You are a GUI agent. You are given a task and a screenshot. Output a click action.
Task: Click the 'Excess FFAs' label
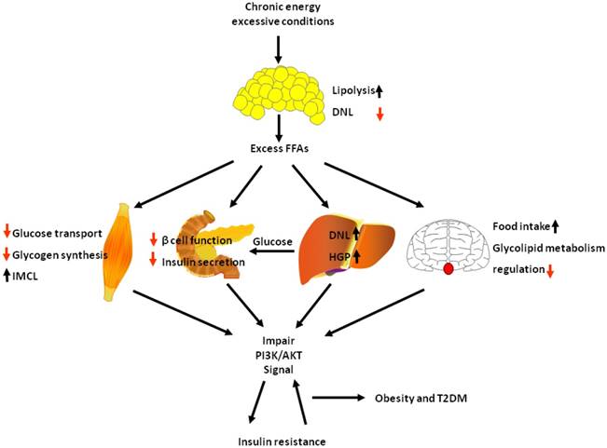tap(279, 148)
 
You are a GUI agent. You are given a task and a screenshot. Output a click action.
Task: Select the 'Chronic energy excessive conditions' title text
tap(279, 15)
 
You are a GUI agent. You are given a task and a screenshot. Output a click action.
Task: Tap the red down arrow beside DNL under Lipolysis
tap(379, 113)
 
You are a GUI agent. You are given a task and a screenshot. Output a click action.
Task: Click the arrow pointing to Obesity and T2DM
tap(340, 397)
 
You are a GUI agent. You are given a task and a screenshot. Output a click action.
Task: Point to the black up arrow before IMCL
tap(7, 273)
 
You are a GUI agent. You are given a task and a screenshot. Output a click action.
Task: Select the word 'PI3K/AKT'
tap(279, 356)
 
